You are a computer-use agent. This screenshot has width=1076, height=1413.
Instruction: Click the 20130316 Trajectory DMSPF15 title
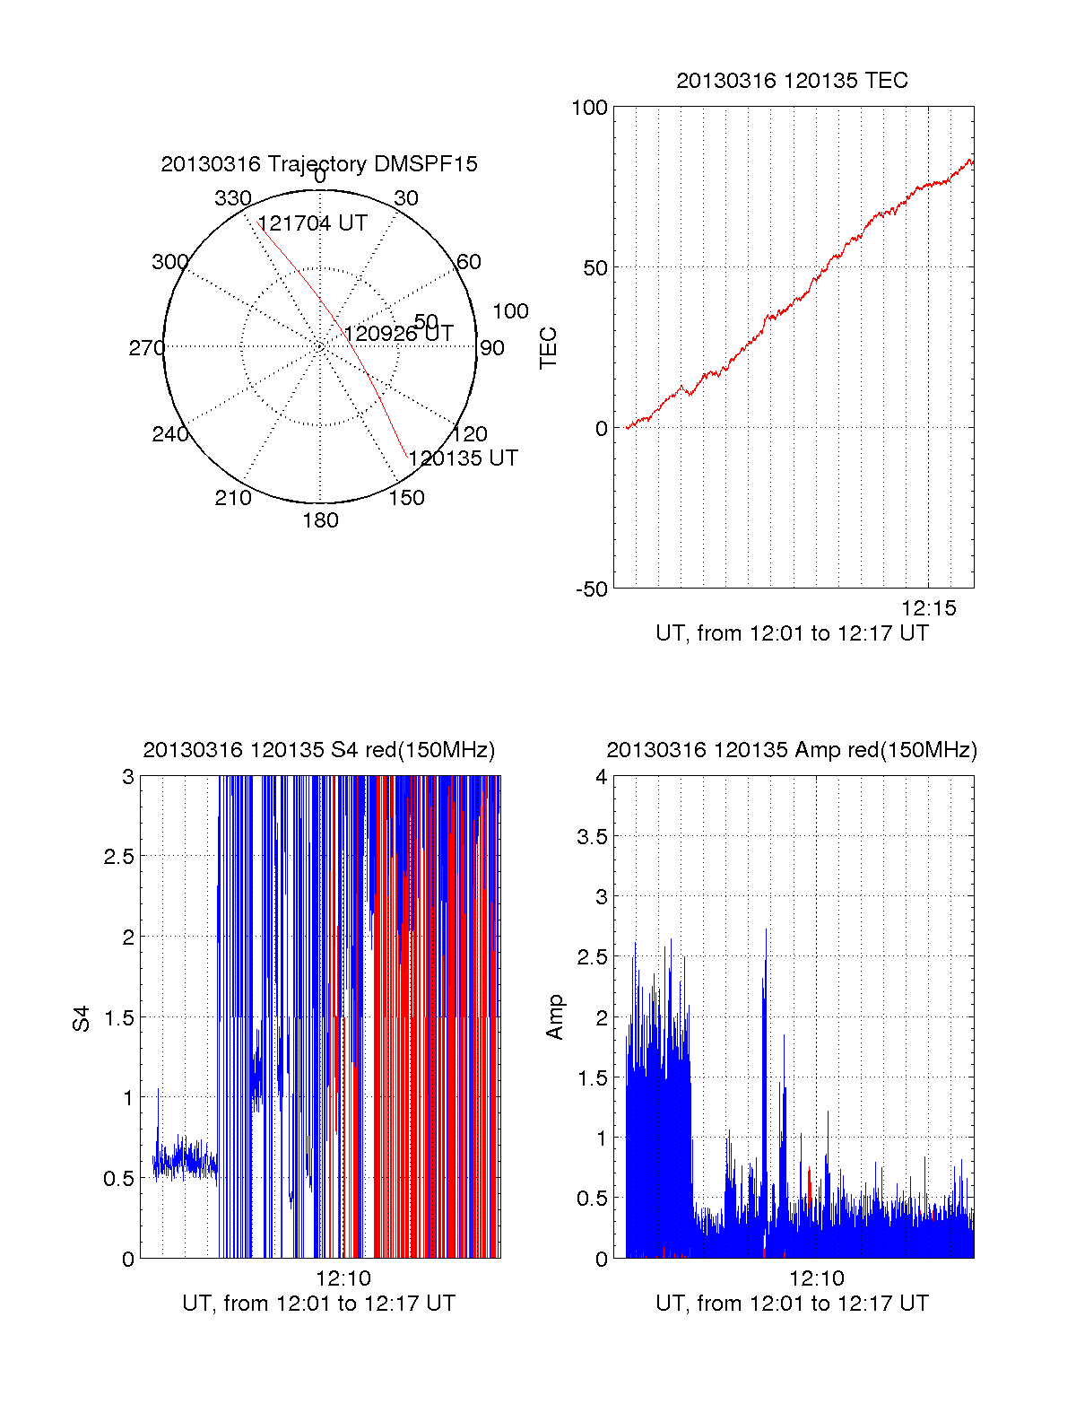pyautogui.click(x=319, y=164)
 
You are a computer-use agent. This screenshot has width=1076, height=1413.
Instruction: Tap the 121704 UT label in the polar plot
pyautogui.click(x=312, y=223)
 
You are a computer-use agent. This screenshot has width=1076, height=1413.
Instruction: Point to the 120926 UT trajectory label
pyautogui.click(x=398, y=334)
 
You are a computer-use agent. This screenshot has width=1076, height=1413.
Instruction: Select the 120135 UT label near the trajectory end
pyautogui.click(x=463, y=458)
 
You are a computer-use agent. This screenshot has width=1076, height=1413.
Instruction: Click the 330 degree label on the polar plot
pyautogui.click(x=232, y=198)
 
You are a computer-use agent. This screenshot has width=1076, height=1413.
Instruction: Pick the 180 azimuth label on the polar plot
pyautogui.click(x=320, y=520)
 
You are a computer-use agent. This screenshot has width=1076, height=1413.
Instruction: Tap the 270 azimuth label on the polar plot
pyautogui.click(x=146, y=348)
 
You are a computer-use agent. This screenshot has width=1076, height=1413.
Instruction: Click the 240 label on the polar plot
pyautogui.click(x=170, y=434)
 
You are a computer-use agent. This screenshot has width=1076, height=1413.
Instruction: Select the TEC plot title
pyautogui.click(x=792, y=81)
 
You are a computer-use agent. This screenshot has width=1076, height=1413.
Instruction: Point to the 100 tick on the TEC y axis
pyautogui.click(x=589, y=108)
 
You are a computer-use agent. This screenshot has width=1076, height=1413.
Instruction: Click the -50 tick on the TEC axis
pyautogui.click(x=592, y=589)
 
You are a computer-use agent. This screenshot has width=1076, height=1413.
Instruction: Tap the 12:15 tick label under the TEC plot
pyautogui.click(x=929, y=608)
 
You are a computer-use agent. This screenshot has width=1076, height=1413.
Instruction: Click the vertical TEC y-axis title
pyautogui.click(x=548, y=348)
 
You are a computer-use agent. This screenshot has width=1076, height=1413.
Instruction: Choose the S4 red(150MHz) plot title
pyautogui.click(x=319, y=750)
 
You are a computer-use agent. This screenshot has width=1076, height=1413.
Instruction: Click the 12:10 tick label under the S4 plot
pyautogui.click(x=343, y=1278)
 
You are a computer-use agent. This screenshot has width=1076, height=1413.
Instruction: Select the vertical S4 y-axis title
pyautogui.click(x=82, y=1019)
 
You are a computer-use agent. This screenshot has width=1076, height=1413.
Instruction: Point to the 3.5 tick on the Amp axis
pyautogui.click(x=590, y=837)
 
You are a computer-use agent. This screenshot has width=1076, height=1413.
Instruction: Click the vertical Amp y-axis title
pyautogui.click(x=555, y=1017)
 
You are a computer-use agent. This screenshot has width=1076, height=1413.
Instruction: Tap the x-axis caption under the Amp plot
pyautogui.click(x=792, y=1304)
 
